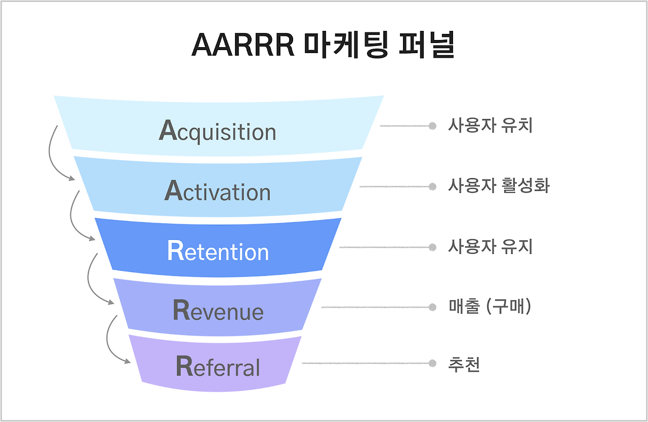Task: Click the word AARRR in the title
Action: pos(243,46)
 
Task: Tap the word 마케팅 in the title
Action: pos(346,45)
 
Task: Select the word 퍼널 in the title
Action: pos(426,45)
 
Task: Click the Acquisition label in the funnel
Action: pos(218,131)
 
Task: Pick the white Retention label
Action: pos(218,251)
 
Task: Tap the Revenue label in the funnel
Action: pos(218,310)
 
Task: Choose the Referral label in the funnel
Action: pos(218,366)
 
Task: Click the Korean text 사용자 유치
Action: pos(490,125)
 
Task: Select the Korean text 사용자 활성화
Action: pos(499,186)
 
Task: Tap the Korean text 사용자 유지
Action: pos(490,246)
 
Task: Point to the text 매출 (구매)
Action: pos(490,306)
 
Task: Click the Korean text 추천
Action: pos(464,364)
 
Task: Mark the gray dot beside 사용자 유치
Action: pos(432,126)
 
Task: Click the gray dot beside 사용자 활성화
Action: pos(432,187)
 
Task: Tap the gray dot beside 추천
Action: pos(432,363)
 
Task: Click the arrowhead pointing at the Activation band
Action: pos(72,178)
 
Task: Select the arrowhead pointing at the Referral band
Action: pos(128,361)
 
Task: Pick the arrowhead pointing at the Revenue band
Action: pos(111,302)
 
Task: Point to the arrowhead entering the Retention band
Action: pos(92,238)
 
